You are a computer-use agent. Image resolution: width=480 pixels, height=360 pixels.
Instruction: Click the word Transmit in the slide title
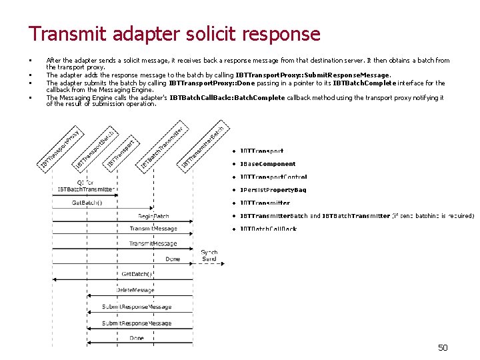coord(69,34)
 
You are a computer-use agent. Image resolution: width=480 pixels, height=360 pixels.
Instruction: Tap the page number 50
coord(443,347)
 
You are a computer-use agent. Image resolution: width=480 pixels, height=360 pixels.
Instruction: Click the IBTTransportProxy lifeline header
coord(61,147)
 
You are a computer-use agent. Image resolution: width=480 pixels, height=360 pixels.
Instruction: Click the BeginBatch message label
coord(153,216)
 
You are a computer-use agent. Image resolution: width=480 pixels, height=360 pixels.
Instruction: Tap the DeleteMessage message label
coord(135,290)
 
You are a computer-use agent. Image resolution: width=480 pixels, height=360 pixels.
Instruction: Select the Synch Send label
coord(209,255)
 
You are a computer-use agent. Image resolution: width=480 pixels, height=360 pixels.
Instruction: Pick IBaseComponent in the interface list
coord(259,164)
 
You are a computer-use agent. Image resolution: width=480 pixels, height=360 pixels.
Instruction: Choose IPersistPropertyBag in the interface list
coord(264,190)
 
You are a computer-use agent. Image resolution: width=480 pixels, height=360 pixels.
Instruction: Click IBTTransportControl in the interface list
coord(264,177)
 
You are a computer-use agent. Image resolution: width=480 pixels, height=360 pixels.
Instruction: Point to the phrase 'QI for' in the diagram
coord(85,181)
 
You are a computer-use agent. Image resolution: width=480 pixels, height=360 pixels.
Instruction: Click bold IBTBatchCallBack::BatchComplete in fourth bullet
coord(227,97)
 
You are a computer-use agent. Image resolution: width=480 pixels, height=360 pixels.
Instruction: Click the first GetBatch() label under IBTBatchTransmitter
coord(87,203)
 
